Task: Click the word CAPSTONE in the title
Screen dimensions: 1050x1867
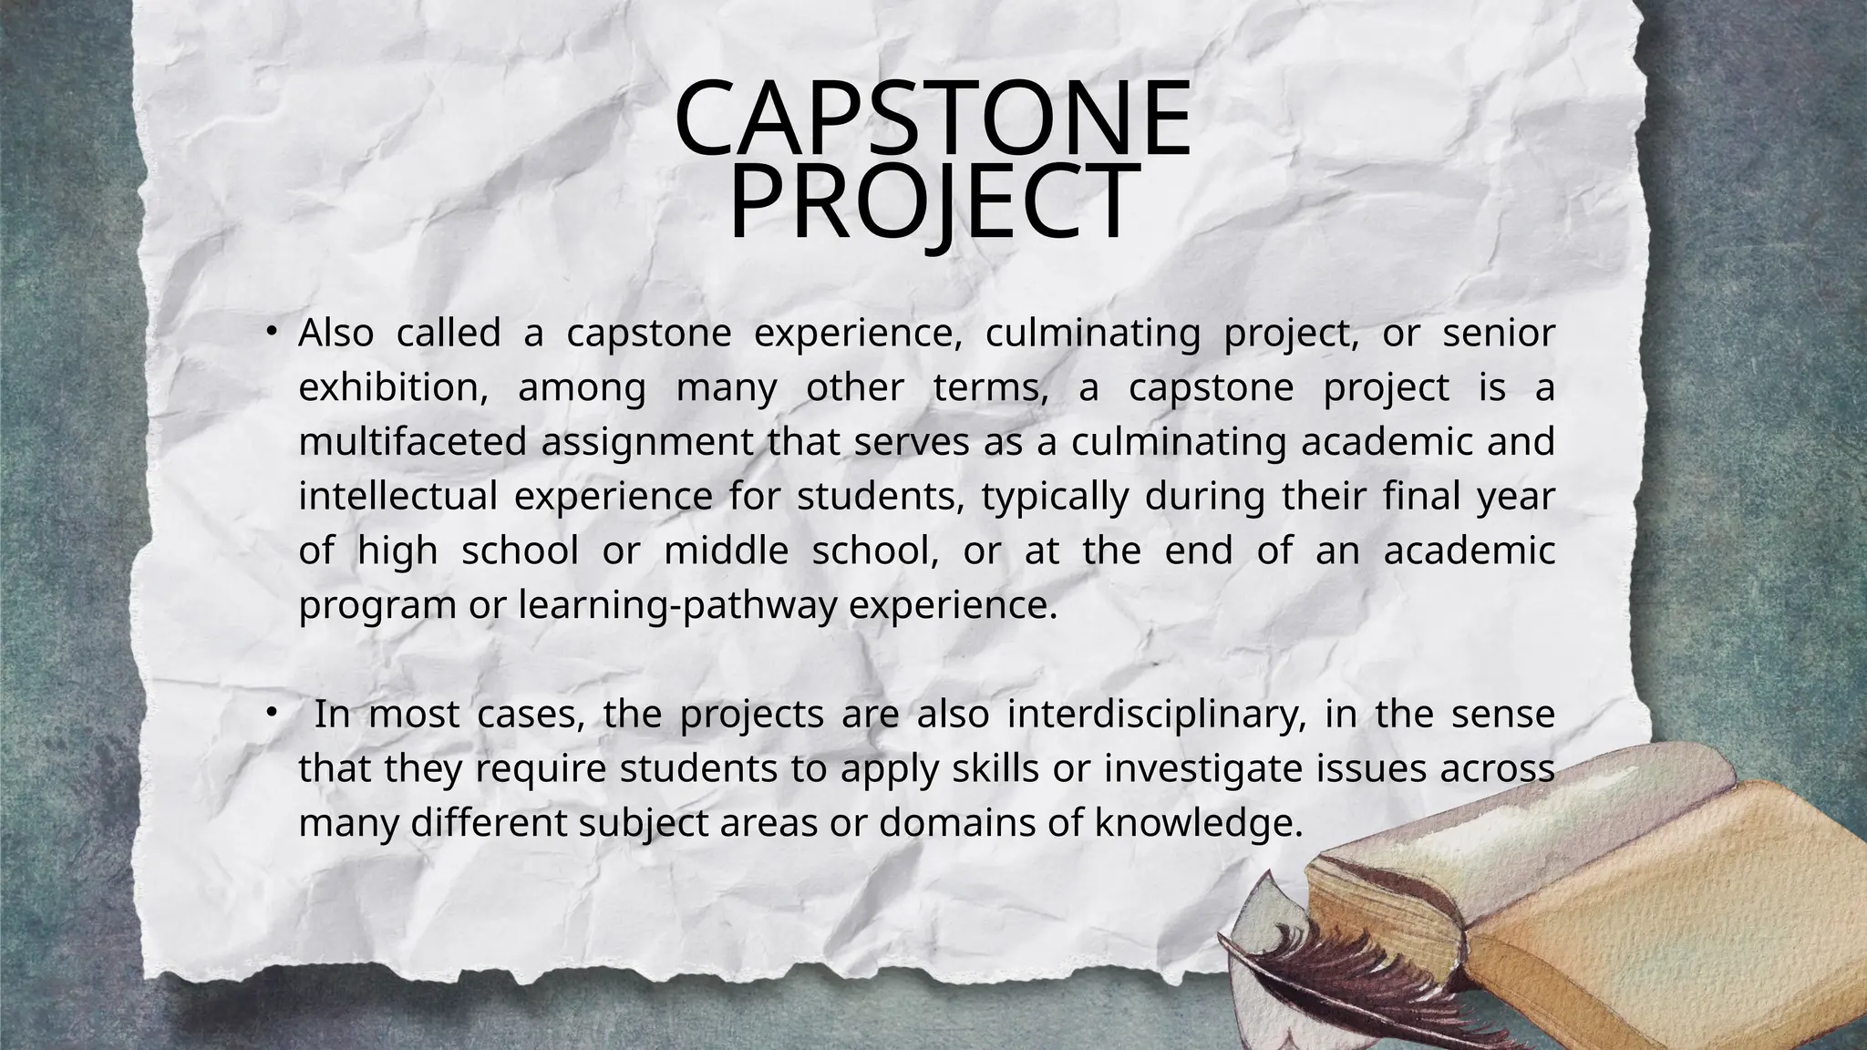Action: click(933, 118)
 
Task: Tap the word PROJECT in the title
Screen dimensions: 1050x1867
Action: click(933, 202)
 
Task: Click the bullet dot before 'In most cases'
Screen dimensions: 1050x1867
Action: click(272, 712)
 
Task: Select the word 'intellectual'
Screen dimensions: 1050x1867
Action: click(397, 498)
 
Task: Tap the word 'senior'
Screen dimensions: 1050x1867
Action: click(1499, 334)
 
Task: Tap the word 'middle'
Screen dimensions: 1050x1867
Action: click(726, 551)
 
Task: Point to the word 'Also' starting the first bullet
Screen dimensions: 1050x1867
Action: click(335, 334)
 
